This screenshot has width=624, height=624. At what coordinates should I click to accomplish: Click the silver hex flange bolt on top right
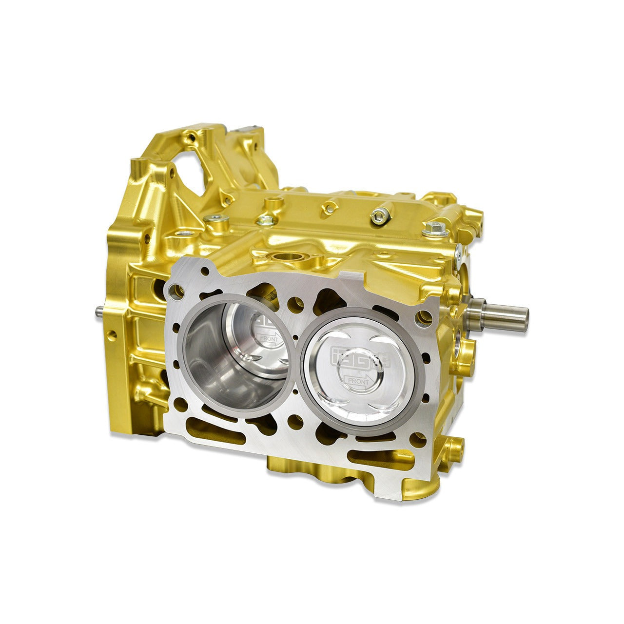pyautogui.click(x=432, y=227)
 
